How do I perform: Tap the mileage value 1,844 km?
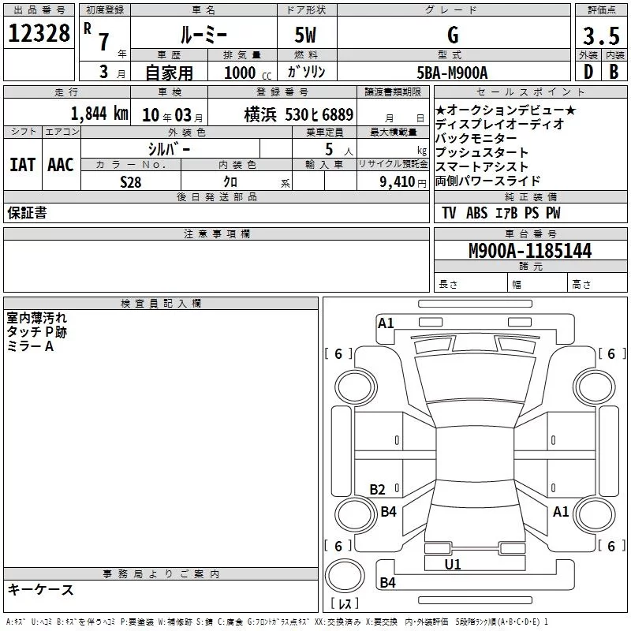[99, 114]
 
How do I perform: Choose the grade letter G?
[453, 35]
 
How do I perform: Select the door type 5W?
[307, 35]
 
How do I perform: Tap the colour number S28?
[131, 181]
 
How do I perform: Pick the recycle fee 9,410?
[396, 182]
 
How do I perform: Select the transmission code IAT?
[22, 164]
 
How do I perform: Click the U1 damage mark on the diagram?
[453, 564]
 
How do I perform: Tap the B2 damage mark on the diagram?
[378, 490]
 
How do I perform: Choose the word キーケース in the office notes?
[41, 589]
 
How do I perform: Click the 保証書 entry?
[27, 213]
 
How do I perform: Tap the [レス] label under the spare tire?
[345, 603]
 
